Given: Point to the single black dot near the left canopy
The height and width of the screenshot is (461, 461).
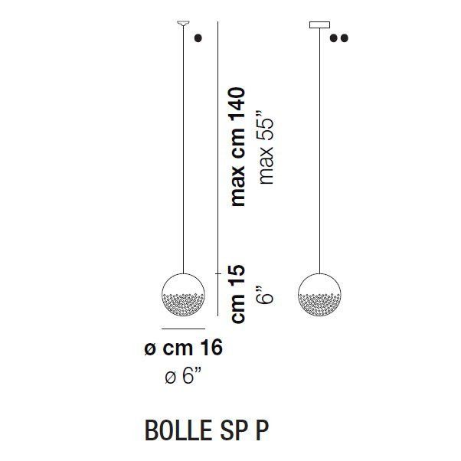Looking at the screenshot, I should point(198,37).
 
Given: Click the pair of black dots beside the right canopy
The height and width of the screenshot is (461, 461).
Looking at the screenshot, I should point(339,37).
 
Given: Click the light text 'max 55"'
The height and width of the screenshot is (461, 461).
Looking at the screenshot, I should point(266,152).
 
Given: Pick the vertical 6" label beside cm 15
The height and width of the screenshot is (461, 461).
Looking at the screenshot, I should point(266,293).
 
